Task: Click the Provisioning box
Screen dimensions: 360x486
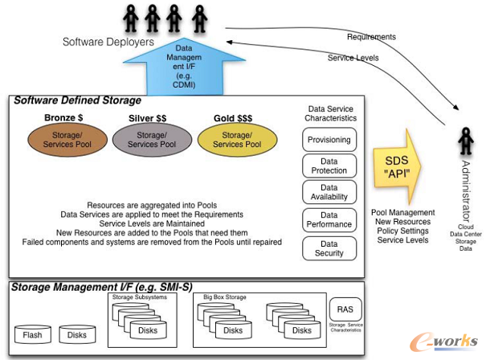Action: point(329,140)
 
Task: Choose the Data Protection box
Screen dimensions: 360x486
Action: point(329,166)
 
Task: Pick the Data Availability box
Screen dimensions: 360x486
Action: point(329,193)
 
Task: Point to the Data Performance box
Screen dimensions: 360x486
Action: point(329,220)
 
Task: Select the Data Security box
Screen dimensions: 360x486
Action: point(329,247)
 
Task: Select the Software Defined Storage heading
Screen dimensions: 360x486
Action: point(77,101)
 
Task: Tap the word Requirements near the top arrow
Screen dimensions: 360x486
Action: point(370,37)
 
